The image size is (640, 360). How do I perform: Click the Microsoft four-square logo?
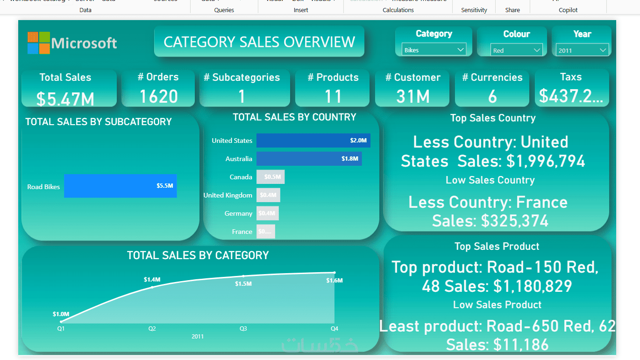tap(38, 43)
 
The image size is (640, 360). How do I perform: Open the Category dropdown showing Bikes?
tap(434, 49)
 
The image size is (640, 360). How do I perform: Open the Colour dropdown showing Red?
tap(517, 50)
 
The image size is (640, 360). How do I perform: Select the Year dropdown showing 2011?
tap(582, 50)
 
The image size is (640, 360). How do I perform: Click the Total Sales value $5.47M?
tap(65, 99)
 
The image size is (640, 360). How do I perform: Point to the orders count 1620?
tap(159, 96)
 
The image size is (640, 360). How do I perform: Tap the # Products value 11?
tap(333, 97)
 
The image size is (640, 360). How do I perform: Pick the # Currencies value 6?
tap(492, 97)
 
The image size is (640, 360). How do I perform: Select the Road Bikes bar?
tap(121, 186)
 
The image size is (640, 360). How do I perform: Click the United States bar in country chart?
tap(313, 141)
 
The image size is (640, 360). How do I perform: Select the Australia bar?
tap(309, 159)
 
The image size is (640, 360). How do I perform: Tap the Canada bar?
tap(270, 177)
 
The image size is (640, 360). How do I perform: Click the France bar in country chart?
tap(265, 232)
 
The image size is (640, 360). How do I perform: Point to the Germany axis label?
tap(238, 213)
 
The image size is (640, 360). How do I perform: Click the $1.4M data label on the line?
tap(152, 280)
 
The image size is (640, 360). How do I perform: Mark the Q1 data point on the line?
tap(61, 321)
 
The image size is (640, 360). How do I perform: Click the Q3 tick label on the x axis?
tap(243, 329)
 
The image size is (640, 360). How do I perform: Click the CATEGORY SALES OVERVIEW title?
tap(259, 42)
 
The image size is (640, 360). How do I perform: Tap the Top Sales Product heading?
tap(497, 246)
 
